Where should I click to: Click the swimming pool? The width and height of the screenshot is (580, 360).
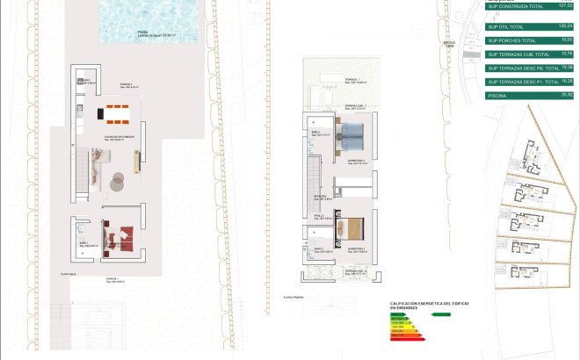(150, 21)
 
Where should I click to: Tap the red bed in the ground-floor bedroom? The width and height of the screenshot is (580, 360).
(120, 234)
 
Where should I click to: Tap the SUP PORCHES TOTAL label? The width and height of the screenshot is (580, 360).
(511, 40)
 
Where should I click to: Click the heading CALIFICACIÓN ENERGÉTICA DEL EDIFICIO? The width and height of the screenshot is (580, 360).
(429, 303)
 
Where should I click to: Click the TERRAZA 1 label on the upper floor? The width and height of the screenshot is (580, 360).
(351, 79)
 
